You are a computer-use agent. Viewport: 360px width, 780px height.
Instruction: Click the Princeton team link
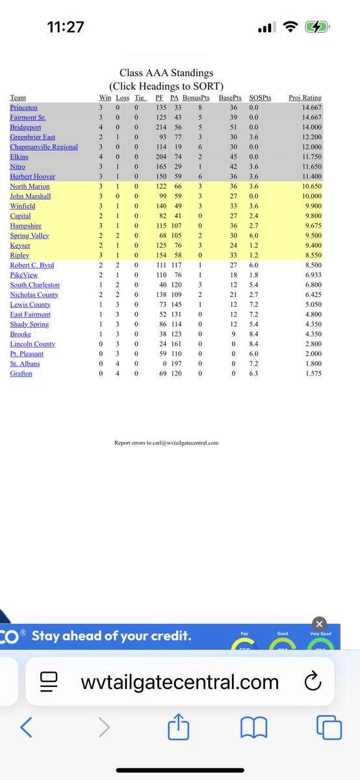click(x=23, y=107)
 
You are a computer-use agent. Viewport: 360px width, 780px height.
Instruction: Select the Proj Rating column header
click(x=305, y=98)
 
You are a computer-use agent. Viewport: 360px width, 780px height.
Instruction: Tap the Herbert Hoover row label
click(x=32, y=176)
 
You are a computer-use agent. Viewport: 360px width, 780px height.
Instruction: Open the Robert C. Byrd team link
click(x=32, y=265)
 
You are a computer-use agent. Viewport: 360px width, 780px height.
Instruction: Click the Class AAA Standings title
click(x=166, y=73)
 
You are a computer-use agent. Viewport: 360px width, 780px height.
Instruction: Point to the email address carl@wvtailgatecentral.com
click(x=183, y=443)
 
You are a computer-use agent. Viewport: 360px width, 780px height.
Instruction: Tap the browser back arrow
click(x=27, y=727)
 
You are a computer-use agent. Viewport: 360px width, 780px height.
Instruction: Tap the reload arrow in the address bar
click(x=312, y=682)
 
